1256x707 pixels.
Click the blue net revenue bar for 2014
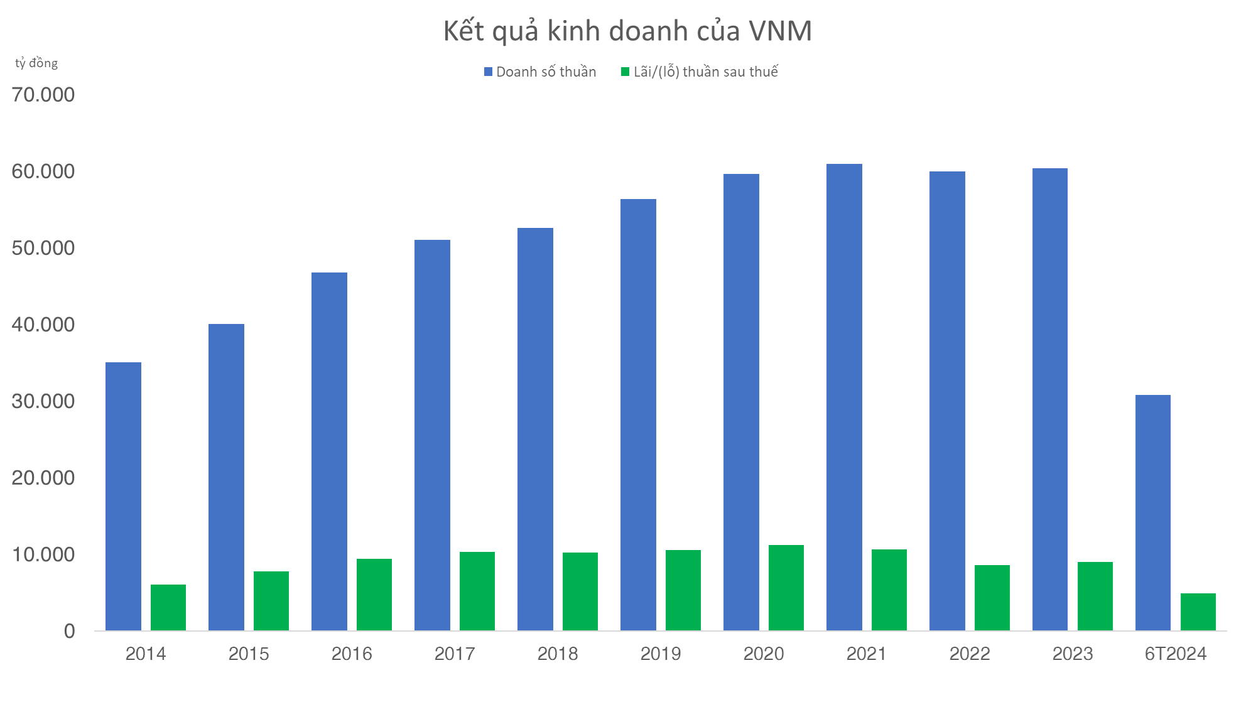[x=123, y=496]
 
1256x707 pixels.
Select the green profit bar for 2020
[x=786, y=588]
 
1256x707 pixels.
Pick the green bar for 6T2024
[x=1198, y=612]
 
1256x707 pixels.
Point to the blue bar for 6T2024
[x=1152, y=512]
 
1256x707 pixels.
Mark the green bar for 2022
[x=992, y=598]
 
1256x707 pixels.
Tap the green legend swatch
[x=625, y=72]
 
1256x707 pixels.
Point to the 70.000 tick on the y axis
[x=43, y=95]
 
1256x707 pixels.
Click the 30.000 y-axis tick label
[x=43, y=401]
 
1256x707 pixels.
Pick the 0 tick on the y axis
[x=69, y=631]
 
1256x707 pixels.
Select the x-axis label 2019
[x=661, y=654]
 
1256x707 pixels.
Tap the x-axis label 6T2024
[x=1176, y=654]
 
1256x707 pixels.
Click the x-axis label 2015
[x=249, y=654]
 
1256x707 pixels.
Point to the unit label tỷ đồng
[x=36, y=63]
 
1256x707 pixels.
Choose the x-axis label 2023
[x=1073, y=654]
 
